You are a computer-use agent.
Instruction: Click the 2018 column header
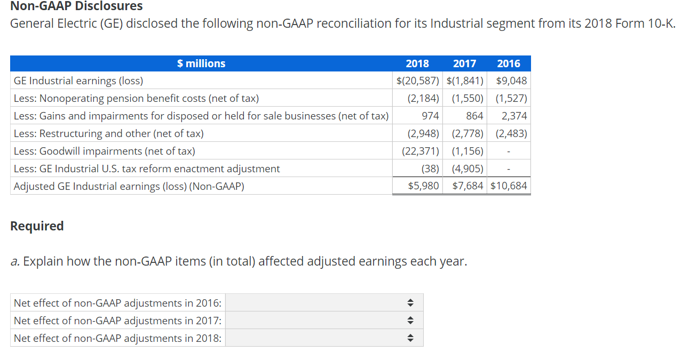coord(417,63)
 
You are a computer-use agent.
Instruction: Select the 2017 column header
coord(464,63)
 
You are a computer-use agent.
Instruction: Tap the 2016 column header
coord(508,63)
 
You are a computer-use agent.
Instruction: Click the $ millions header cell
coord(201,63)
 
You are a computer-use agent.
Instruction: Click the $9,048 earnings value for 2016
coord(511,81)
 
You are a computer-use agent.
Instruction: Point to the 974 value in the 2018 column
coord(430,116)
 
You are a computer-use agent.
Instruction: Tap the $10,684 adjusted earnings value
coord(509,186)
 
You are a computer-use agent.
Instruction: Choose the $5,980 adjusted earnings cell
coord(423,186)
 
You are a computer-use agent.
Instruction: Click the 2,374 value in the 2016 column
coord(514,116)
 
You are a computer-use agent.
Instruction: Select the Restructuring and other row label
coord(109,134)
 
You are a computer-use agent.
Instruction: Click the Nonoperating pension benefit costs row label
coord(136,99)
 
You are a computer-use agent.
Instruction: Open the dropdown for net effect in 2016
coord(324,303)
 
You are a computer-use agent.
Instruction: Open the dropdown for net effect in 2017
coord(324,321)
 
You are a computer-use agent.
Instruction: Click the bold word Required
coord(37,226)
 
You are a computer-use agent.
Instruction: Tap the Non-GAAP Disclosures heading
coord(77,6)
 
